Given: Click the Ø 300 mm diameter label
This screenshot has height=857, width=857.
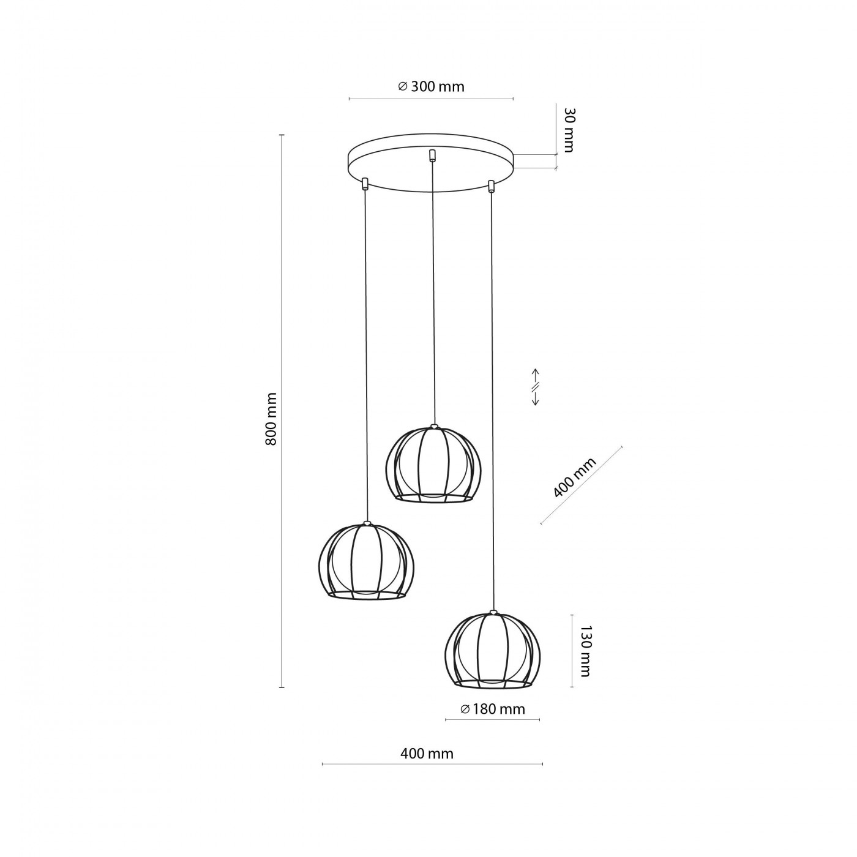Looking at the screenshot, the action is pyautogui.click(x=430, y=86).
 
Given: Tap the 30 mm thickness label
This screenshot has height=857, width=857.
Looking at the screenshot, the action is pyautogui.click(x=568, y=129).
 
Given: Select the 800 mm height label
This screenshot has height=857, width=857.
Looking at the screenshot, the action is pyautogui.click(x=271, y=419).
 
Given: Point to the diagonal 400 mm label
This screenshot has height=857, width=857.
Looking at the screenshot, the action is pyautogui.click(x=574, y=477).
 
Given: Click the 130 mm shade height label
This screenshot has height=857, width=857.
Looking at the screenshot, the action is pyautogui.click(x=586, y=651).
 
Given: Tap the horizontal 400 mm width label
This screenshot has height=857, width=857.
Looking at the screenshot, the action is pyautogui.click(x=427, y=754).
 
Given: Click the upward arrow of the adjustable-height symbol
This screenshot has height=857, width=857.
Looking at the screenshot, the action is pyautogui.click(x=536, y=376).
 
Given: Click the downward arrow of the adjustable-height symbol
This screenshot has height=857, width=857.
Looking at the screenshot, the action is pyautogui.click(x=536, y=398).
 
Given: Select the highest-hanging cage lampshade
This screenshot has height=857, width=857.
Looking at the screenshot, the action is pyautogui.click(x=433, y=464).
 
